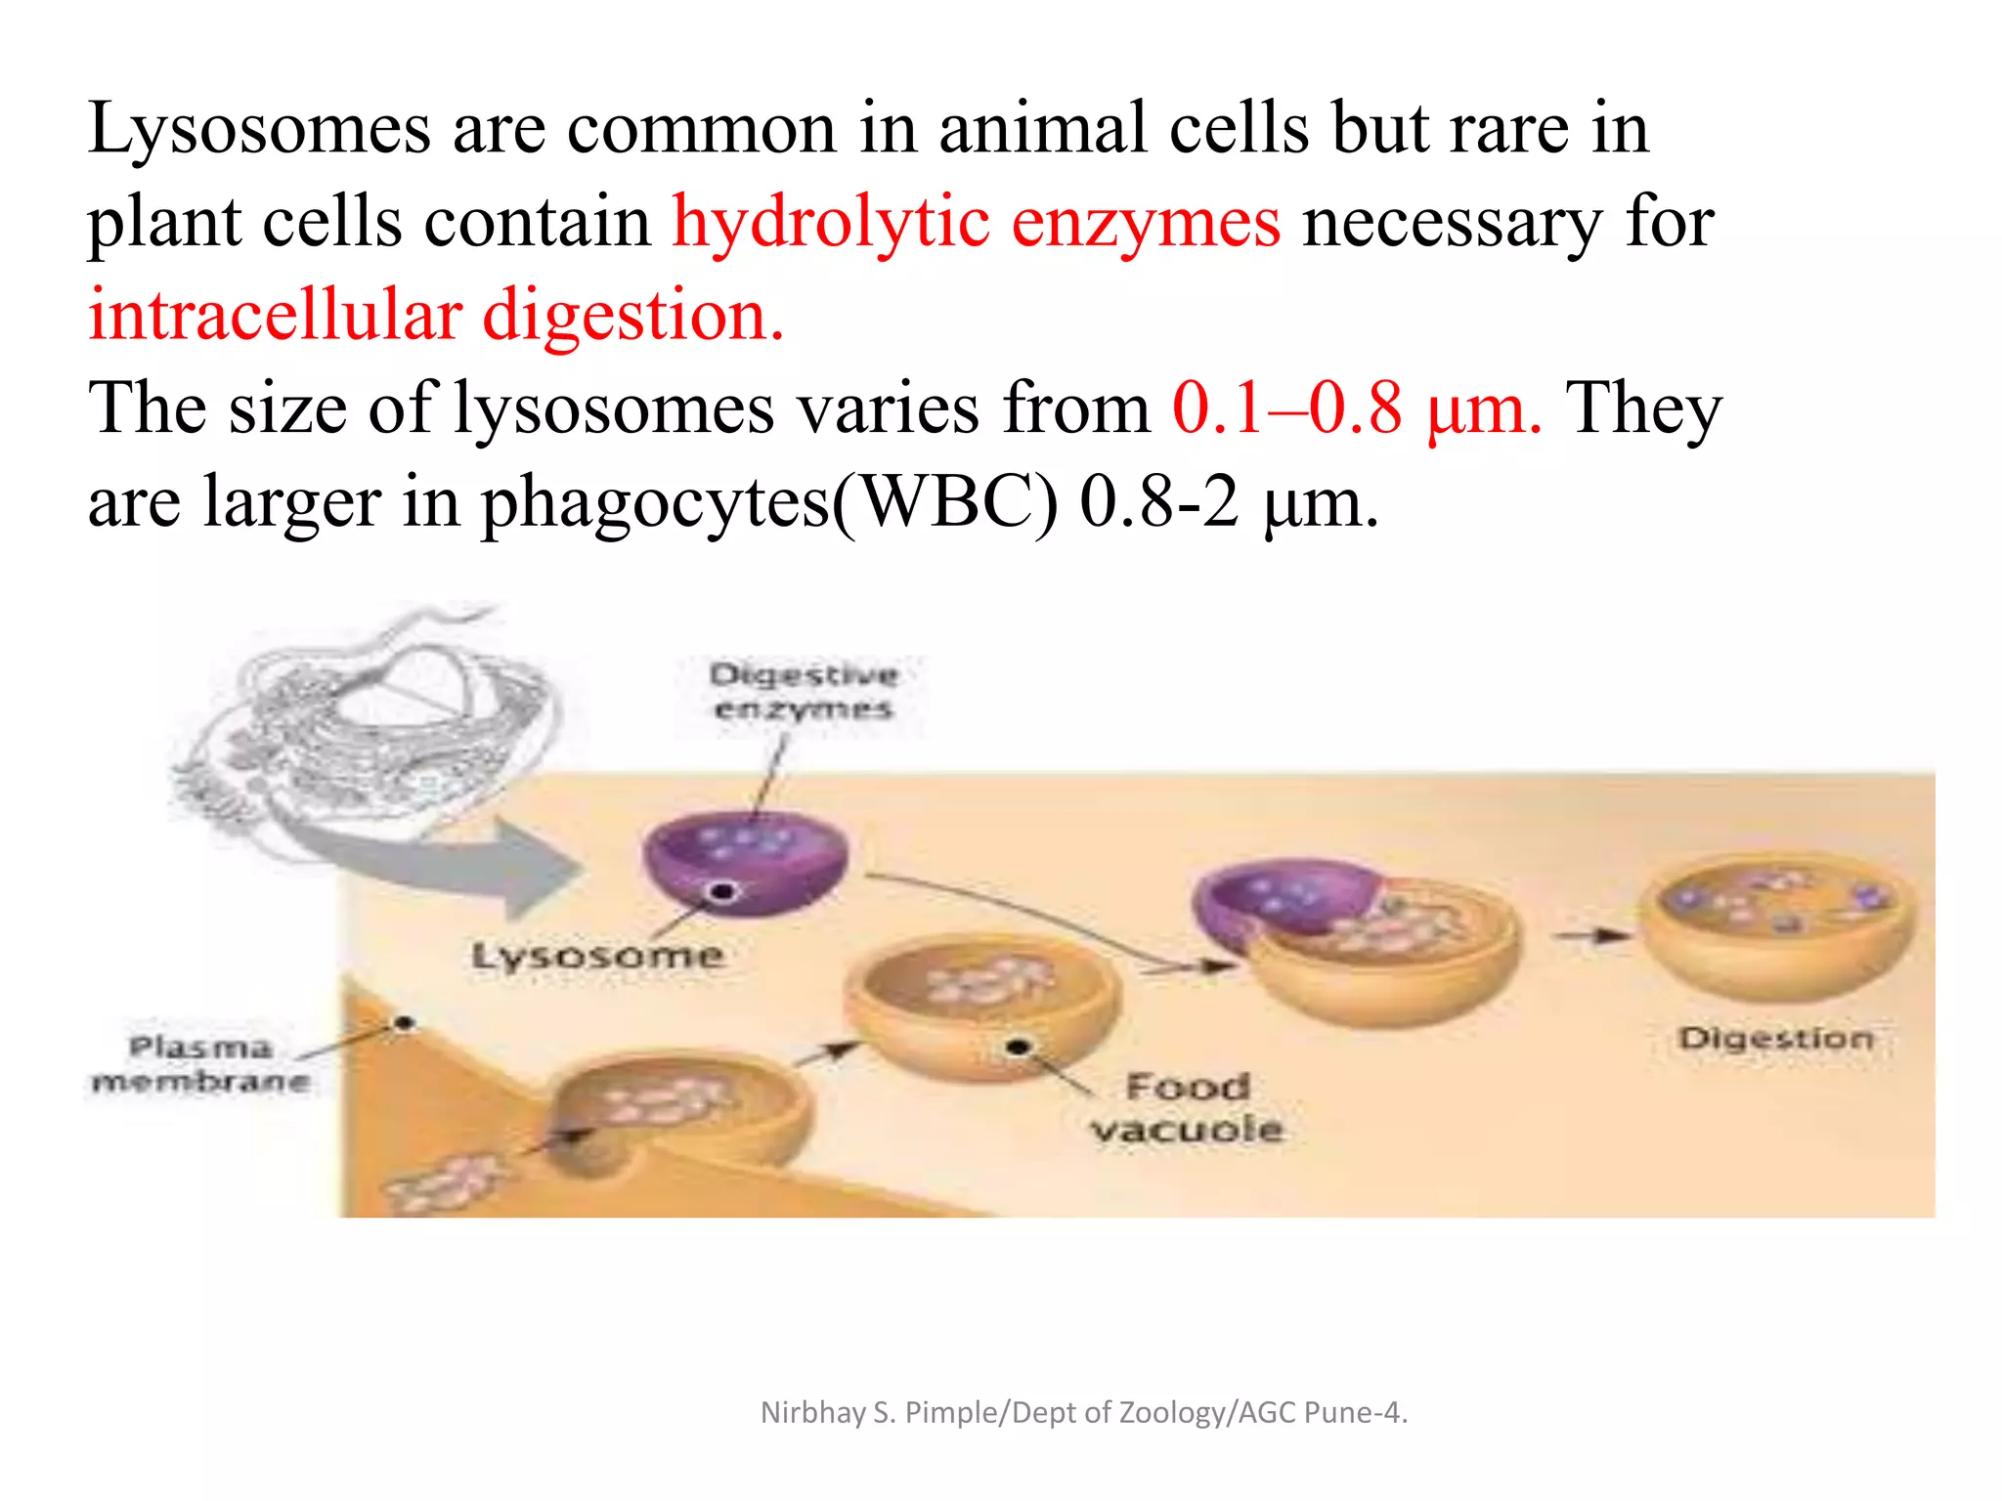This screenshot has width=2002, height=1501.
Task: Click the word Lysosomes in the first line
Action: [258, 130]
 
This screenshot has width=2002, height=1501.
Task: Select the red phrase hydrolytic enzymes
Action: [976, 223]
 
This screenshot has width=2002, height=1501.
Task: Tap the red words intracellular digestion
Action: [436, 317]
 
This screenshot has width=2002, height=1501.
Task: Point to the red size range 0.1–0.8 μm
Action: [1357, 408]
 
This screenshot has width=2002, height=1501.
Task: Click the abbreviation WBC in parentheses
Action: [946, 503]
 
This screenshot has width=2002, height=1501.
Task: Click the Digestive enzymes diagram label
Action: [803, 691]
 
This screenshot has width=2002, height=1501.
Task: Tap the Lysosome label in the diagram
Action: [597, 956]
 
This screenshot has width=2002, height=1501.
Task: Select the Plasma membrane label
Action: [200, 1064]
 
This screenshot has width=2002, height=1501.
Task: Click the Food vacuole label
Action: [1188, 1107]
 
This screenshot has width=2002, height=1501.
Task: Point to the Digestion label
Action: [1776, 1038]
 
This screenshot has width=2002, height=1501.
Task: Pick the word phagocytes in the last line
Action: [655, 503]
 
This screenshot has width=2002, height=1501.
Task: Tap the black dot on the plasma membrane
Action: [403, 1023]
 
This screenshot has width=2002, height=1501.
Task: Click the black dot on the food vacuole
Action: [1019, 1048]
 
